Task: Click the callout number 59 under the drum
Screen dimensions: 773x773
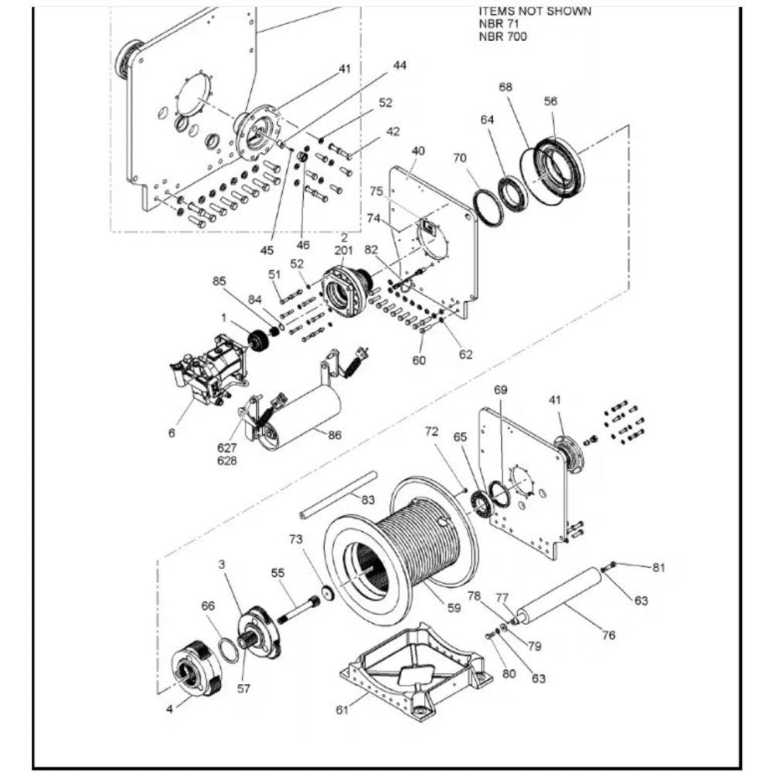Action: (x=454, y=608)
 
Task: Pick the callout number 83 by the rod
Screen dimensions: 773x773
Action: (x=368, y=500)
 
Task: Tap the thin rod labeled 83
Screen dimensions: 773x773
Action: (x=339, y=495)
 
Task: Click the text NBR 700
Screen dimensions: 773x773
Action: (x=502, y=36)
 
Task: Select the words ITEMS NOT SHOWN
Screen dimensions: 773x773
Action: (x=535, y=12)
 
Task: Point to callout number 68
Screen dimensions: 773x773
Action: (x=506, y=87)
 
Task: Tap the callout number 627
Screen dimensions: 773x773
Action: (x=226, y=448)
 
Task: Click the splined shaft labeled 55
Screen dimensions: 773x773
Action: (x=298, y=609)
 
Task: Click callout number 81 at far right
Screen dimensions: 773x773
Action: (x=659, y=567)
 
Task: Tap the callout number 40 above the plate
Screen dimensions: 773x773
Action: (x=417, y=151)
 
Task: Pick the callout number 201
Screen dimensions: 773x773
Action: (x=344, y=251)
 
